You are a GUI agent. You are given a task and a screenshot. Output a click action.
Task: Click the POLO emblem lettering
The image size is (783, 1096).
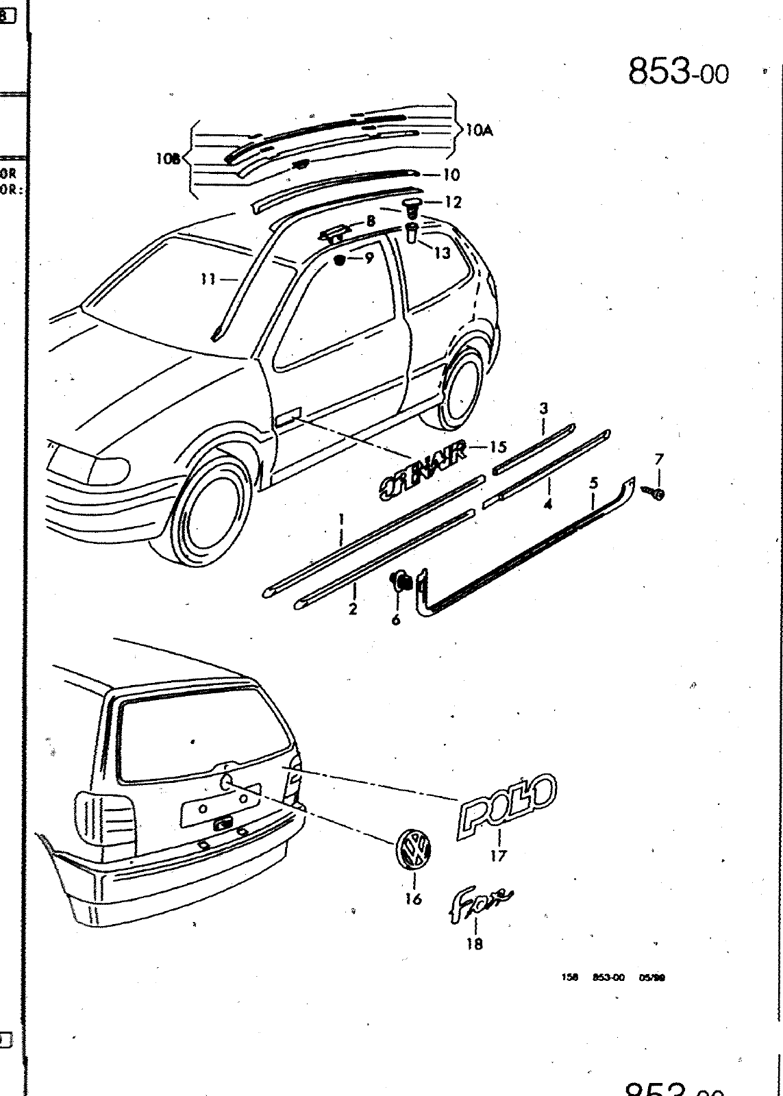click(x=506, y=805)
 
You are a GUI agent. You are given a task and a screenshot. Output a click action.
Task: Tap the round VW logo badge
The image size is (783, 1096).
click(x=414, y=849)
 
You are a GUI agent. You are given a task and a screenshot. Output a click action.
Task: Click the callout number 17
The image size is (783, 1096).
click(x=498, y=856)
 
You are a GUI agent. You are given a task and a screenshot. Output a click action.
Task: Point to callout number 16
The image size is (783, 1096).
click(x=413, y=899)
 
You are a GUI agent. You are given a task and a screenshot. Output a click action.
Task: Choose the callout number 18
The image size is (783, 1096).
click(x=474, y=944)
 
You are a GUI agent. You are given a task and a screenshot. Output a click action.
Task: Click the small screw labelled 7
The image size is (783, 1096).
click(x=654, y=493)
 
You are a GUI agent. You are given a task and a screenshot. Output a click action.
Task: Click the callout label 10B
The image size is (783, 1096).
click(x=167, y=159)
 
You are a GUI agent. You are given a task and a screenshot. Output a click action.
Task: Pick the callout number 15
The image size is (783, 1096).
click(x=498, y=447)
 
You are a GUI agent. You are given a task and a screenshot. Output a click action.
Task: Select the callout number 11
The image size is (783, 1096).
click(x=208, y=279)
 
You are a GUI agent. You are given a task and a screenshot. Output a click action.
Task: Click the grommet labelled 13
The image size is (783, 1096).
click(x=412, y=233)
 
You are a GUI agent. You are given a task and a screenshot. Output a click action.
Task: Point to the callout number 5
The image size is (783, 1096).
click(x=594, y=483)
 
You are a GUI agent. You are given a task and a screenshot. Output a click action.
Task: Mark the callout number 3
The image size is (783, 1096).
click(x=543, y=409)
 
